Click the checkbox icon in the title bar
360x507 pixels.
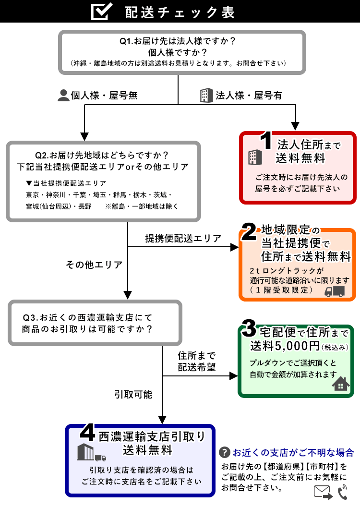(x=102, y=12)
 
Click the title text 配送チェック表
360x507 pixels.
(x=180, y=12)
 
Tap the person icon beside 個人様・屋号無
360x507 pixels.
(x=63, y=95)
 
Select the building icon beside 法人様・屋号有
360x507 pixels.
(x=205, y=95)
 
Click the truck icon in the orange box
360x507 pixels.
(x=335, y=291)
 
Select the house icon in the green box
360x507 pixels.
(x=340, y=384)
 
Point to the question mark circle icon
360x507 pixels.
(x=224, y=452)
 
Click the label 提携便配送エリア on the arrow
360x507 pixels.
(x=183, y=238)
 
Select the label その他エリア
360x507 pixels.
(x=94, y=264)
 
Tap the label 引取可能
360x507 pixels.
(x=133, y=394)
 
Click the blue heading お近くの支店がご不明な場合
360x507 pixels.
(x=293, y=452)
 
